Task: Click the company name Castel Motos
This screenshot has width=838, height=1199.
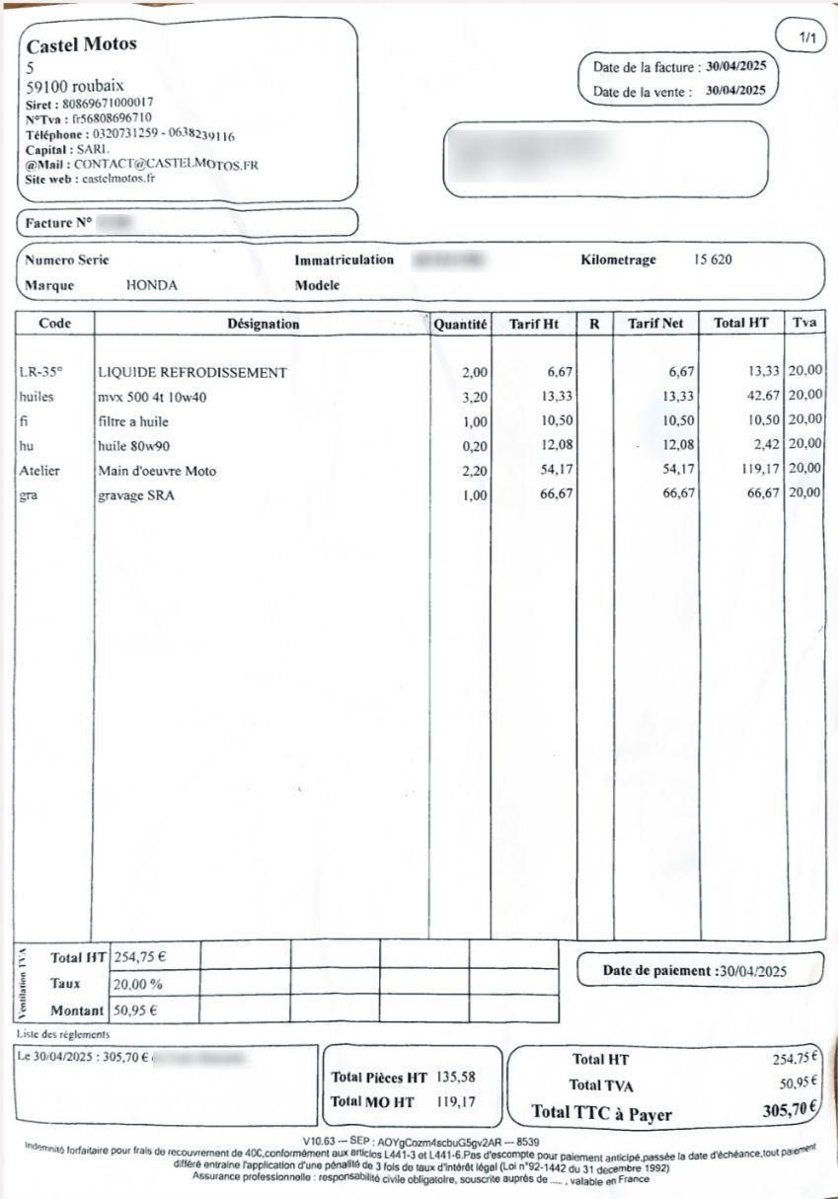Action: click(x=81, y=44)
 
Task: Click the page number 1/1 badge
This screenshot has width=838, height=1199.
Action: click(x=807, y=38)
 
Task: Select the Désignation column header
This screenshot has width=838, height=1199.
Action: click(x=263, y=324)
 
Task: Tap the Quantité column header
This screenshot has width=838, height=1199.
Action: click(x=460, y=324)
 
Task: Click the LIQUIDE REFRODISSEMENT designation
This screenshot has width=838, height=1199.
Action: click(x=192, y=372)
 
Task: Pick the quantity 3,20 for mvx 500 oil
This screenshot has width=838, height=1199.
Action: click(x=475, y=397)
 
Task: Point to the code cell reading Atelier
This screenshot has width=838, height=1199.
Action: click(x=39, y=471)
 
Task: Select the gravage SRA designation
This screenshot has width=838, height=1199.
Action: click(x=136, y=495)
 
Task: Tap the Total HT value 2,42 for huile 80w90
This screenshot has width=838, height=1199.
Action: click(x=767, y=446)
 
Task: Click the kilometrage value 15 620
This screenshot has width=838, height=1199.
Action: click(x=713, y=261)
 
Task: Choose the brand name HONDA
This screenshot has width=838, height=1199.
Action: click(x=152, y=285)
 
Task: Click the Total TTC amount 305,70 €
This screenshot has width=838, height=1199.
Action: click(x=790, y=1110)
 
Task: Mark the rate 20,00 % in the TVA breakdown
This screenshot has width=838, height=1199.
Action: click(x=138, y=984)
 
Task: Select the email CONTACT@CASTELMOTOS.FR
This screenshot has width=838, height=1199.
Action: click(x=166, y=165)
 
